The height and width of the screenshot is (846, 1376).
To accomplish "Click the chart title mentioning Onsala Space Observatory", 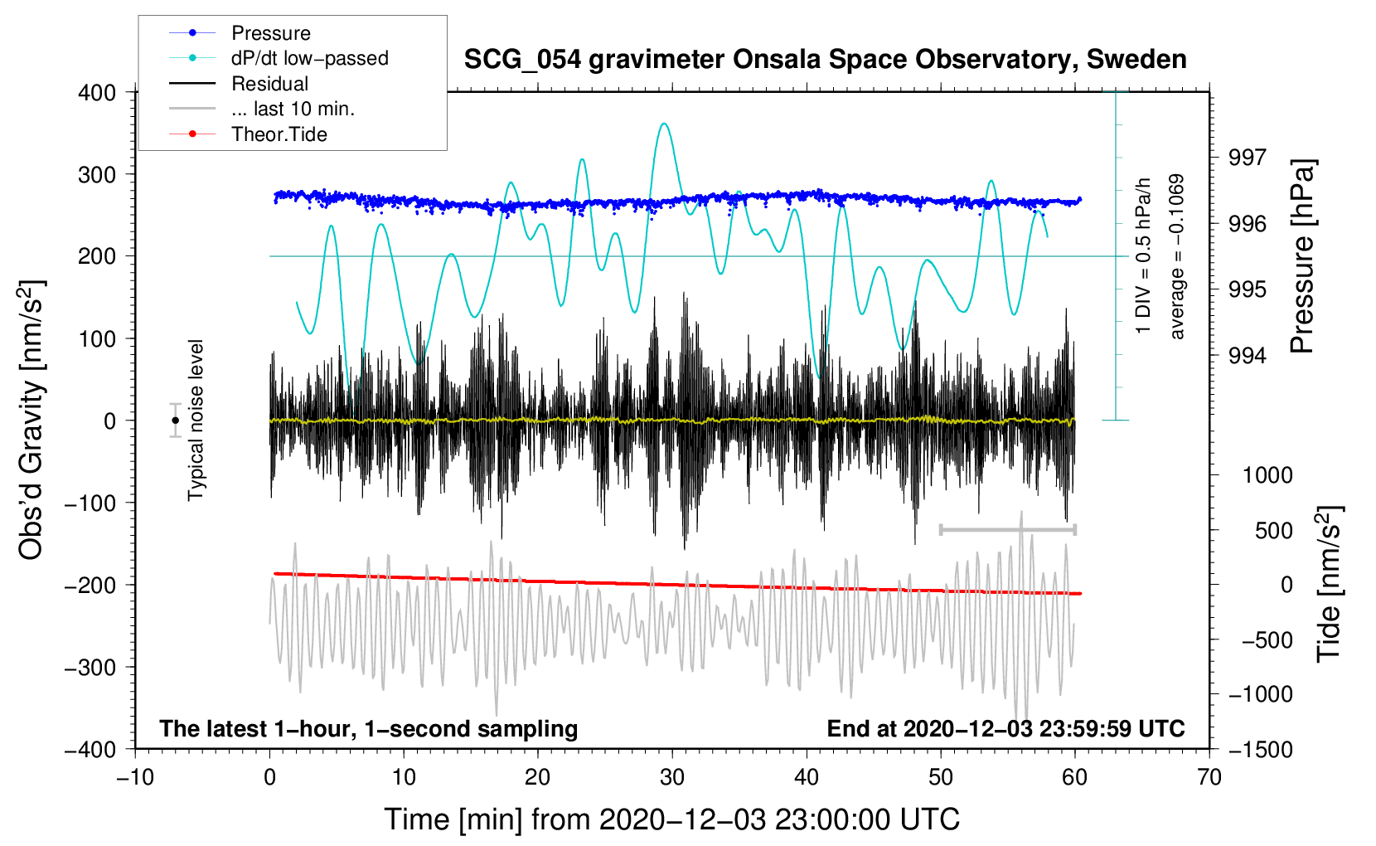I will [825, 60].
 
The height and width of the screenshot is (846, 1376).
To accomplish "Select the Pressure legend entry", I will [270, 33].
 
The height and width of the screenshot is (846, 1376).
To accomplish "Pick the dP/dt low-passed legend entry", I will [309, 58].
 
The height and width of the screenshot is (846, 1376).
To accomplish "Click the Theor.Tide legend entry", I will [279, 134].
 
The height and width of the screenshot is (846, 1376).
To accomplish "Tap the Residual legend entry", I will [269, 84].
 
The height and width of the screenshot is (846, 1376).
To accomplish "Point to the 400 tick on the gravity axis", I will [98, 93].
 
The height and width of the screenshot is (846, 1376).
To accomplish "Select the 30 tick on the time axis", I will [672, 777].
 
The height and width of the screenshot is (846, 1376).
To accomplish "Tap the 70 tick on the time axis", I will [1209, 777].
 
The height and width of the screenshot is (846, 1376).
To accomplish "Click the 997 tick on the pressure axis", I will [1248, 158].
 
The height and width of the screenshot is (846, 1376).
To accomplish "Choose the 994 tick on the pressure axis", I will [1248, 356].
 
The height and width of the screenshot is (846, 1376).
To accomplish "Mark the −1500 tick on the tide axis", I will [1261, 749].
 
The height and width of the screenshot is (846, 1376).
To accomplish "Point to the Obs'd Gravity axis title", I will [31, 421].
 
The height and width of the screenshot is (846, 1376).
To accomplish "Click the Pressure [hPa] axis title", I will [1303, 257].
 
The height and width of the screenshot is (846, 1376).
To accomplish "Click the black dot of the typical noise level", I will [175, 421].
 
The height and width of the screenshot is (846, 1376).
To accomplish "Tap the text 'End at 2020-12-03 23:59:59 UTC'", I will [1005, 729].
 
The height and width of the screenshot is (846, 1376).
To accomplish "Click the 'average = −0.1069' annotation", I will [1177, 257].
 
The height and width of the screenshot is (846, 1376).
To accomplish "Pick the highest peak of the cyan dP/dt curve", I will [664, 124].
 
